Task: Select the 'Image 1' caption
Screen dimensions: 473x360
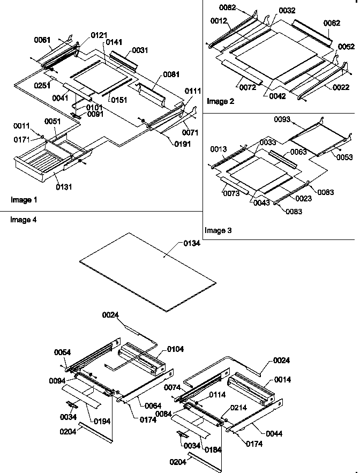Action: (24, 200)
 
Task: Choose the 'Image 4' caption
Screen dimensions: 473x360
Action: (24, 220)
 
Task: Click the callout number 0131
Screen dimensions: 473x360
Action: (64, 187)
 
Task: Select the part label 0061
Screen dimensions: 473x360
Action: (42, 39)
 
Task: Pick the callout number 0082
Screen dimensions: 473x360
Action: (227, 7)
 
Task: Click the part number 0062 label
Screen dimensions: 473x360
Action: (331, 23)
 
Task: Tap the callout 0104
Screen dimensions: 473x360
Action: (175, 349)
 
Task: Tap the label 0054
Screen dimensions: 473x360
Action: (63, 352)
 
